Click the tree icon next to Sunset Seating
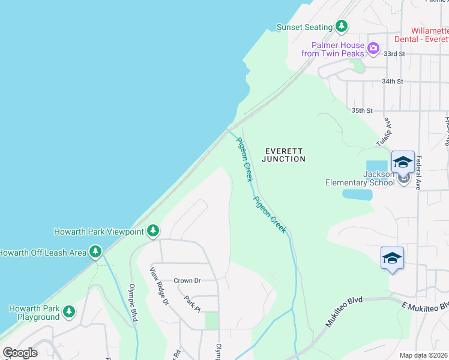click(x=342, y=26)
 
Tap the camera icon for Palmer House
click(x=373, y=47)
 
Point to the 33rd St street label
click(x=394, y=54)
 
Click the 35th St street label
click(x=362, y=111)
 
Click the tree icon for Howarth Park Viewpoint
click(x=153, y=230)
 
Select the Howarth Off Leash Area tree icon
click(x=95, y=252)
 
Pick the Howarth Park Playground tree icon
click(x=70, y=311)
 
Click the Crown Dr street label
click(x=187, y=281)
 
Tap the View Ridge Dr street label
click(x=160, y=286)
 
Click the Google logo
click(x=20, y=353)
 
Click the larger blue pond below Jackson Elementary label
click(x=357, y=194)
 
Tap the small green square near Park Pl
click(x=211, y=320)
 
